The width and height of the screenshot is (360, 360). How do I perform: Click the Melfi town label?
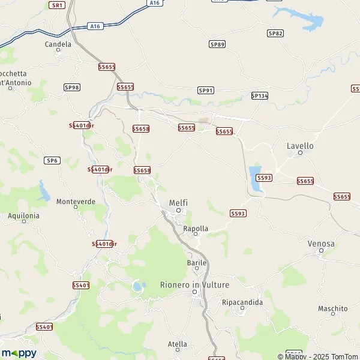[x=178, y=203]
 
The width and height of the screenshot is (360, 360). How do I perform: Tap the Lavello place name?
[x=300, y=146]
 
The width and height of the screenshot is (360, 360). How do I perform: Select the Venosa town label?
[x=320, y=244]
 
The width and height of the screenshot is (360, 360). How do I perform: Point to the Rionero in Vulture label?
[x=194, y=284]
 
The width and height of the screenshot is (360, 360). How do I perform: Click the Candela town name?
[x=58, y=44]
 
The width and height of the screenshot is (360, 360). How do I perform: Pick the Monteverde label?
[x=76, y=202]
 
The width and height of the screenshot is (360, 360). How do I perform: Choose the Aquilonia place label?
[x=23, y=215]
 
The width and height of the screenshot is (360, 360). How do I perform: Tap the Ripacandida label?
[x=242, y=302]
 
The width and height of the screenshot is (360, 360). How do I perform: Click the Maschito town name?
[x=333, y=309]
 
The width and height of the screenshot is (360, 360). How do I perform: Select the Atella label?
[x=177, y=344]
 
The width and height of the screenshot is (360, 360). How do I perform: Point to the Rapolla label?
[x=196, y=229]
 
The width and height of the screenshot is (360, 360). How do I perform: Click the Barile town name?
[x=197, y=263]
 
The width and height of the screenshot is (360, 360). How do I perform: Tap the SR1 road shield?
[x=57, y=5]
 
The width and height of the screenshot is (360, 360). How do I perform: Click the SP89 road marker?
[x=217, y=44]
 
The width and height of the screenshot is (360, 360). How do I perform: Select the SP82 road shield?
[x=275, y=33]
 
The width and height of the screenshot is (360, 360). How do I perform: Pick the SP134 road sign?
[x=259, y=95]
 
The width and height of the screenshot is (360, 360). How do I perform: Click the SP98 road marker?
[x=71, y=88]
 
